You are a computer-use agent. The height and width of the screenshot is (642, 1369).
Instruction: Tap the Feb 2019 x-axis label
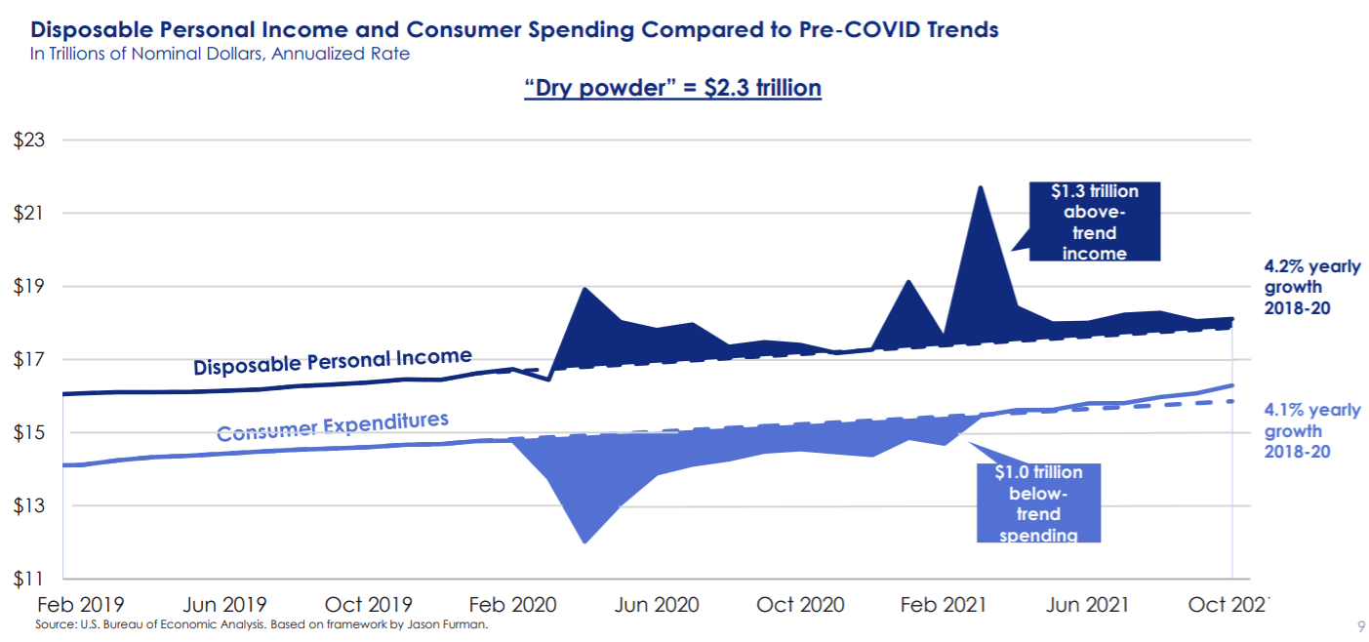(x=82, y=605)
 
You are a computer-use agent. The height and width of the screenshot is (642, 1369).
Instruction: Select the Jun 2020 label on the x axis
(x=657, y=605)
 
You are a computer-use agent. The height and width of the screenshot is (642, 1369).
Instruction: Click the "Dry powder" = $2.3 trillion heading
(x=673, y=88)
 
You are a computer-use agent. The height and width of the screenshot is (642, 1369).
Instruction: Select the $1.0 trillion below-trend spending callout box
(x=1038, y=502)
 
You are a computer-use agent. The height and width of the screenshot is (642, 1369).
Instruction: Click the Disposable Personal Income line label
(x=332, y=362)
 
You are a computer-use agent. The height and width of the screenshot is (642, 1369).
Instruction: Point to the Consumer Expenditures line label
(x=332, y=426)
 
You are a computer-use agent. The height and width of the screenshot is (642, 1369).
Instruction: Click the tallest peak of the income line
(x=979, y=186)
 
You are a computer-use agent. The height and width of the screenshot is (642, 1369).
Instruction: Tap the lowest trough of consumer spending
(x=584, y=542)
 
